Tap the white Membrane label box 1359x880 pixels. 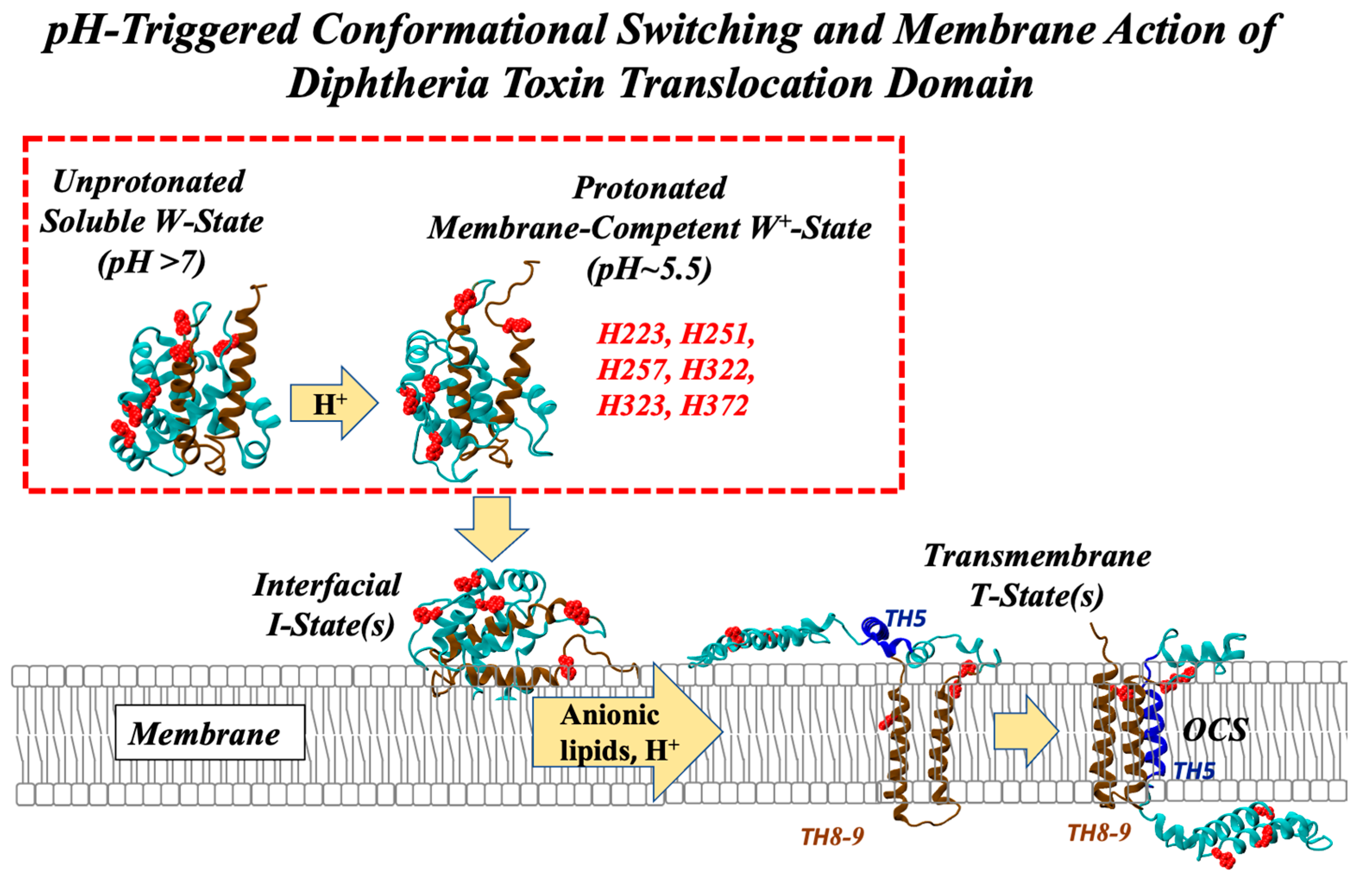[x=210, y=732]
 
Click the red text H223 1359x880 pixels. [x=632, y=333]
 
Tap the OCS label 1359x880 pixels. [x=1215, y=730]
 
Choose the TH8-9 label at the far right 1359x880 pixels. [x=1099, y=833]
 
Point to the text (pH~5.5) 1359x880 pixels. [x=649, y=268]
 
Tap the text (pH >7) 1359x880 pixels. [x=151, y=262]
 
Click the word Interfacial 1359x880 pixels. [x=327, y=585]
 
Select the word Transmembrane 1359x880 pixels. [x=1037, y=556]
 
